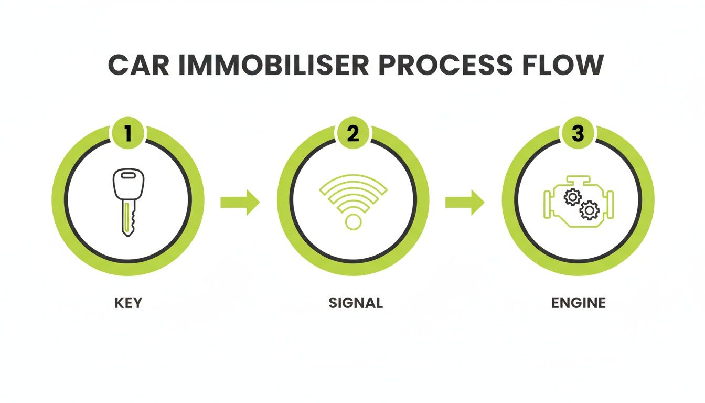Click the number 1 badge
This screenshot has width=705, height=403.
(x=128, y=134)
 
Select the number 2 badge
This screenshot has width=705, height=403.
(x=353, y=134)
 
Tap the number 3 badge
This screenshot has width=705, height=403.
(x=578, y=134)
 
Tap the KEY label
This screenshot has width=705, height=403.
(x=127, y=303)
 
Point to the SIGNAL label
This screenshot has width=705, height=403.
(x=355, y=303)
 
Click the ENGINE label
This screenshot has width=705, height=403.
(x=579, y=303)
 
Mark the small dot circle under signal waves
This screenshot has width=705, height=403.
(x=353, y=221)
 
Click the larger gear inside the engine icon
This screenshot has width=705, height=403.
(x=589, y=210)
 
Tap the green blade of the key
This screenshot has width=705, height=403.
(x=126, y=218)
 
